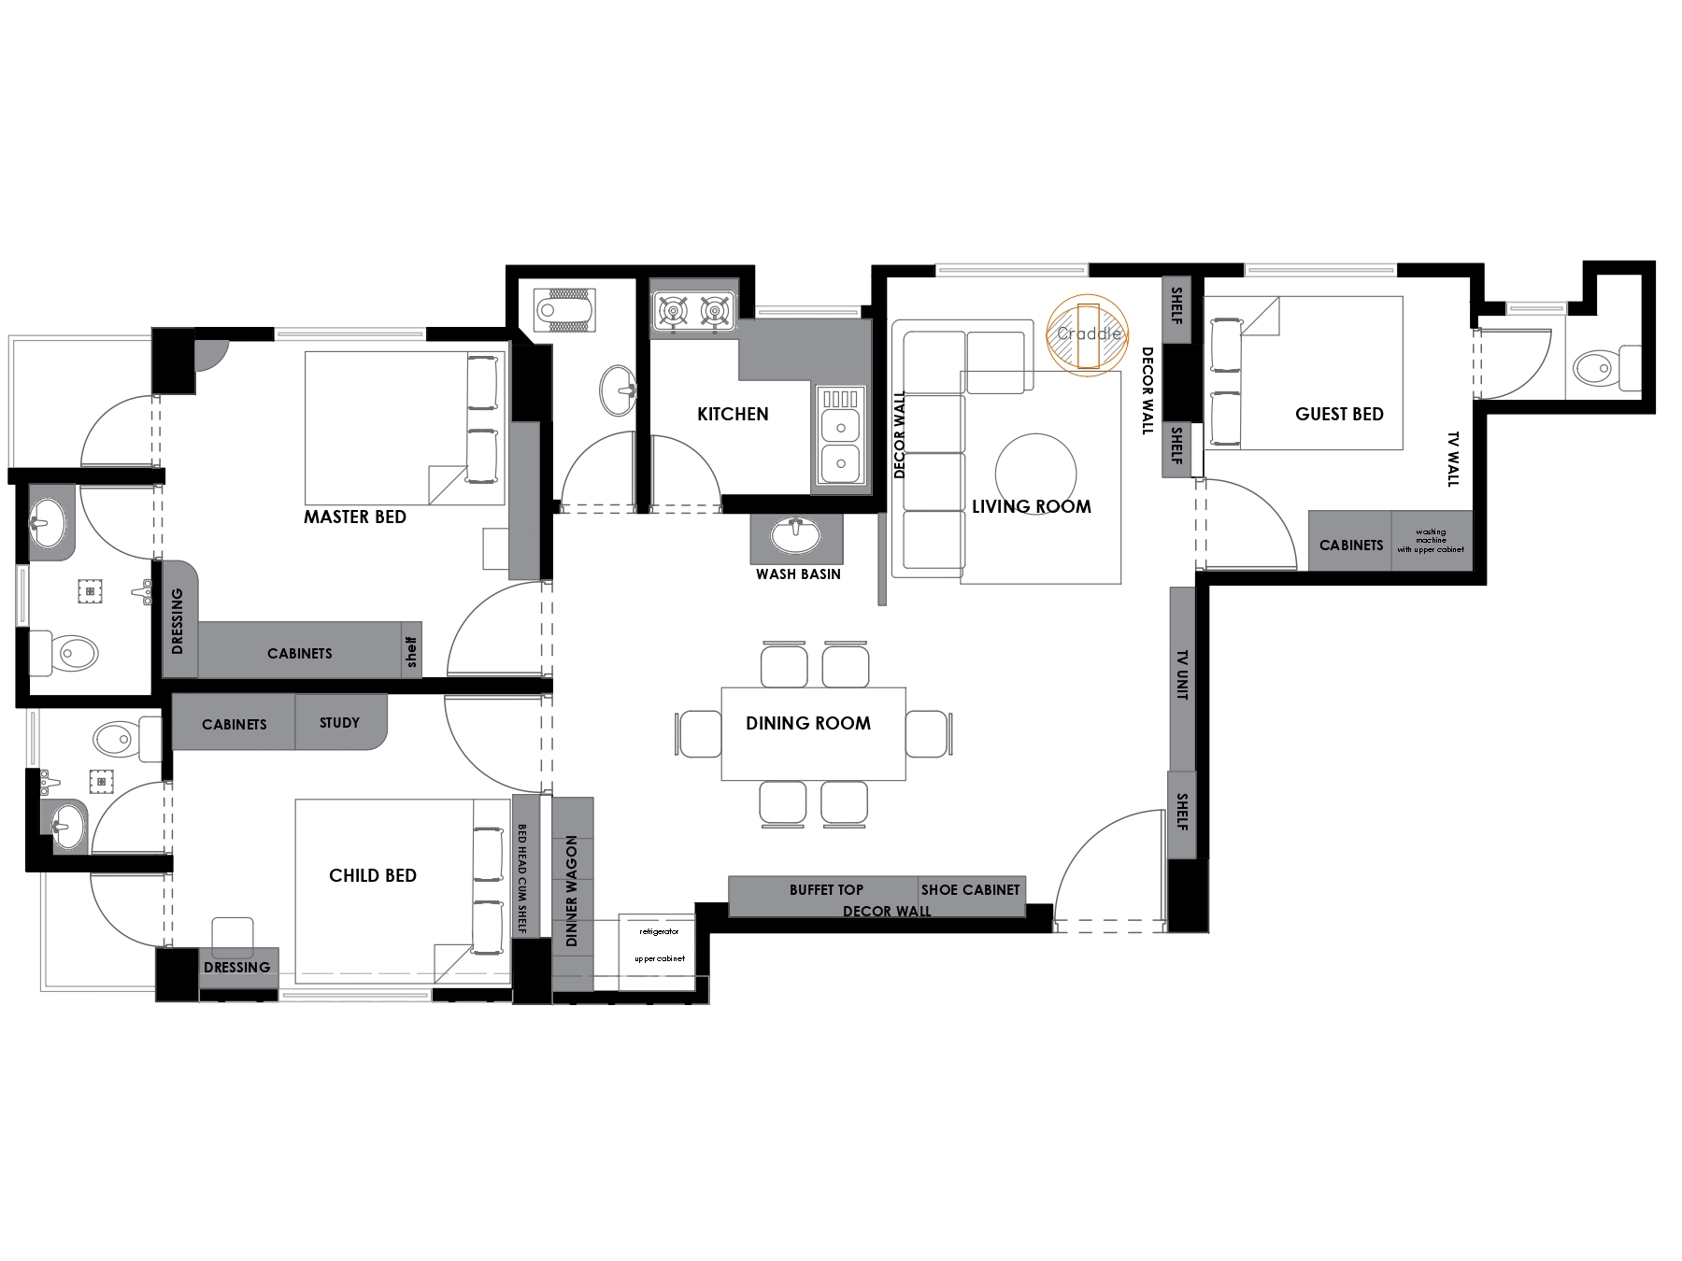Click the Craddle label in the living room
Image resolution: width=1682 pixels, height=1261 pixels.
(1089, 333)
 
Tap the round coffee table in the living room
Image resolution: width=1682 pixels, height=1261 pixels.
(1035, 474)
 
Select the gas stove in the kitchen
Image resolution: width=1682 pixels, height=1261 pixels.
(693, 309)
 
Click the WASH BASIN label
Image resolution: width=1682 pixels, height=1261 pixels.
(798, 574)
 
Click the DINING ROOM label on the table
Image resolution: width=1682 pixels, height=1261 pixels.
(808, 723)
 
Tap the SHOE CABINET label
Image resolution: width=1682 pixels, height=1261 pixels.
(970, 889)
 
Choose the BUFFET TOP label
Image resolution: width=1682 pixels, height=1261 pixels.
(826, 889)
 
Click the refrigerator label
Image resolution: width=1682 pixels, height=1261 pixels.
(659, 932)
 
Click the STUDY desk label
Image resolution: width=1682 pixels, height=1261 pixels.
(339, 722)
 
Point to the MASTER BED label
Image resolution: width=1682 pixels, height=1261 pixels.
(355, 517)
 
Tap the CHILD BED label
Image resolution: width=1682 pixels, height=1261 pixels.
(373, 875)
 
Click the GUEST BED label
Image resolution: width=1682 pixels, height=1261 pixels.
(1339, 414)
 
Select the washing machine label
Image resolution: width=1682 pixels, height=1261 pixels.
(1431, 540)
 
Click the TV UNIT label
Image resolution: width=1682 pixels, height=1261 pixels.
(1182, 675)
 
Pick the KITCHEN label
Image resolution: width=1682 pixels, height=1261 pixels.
(733, 414)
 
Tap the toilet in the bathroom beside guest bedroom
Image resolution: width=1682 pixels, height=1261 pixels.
(1607, 368)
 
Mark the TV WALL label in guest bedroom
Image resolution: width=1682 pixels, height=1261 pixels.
(1453, 459)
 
